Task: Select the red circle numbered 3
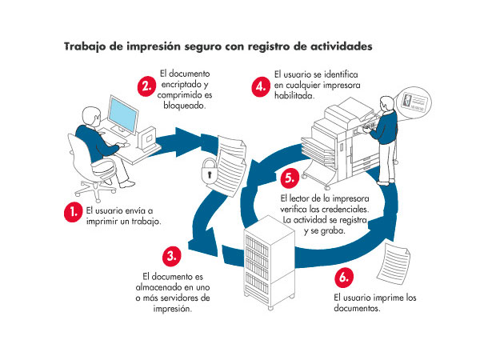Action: click(171, 256)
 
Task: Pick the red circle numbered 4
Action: click(259, 86)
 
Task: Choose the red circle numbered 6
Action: click(342, 278)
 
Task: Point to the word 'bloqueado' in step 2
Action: click(183, 106)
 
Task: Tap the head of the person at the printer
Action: click(388, 105)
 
